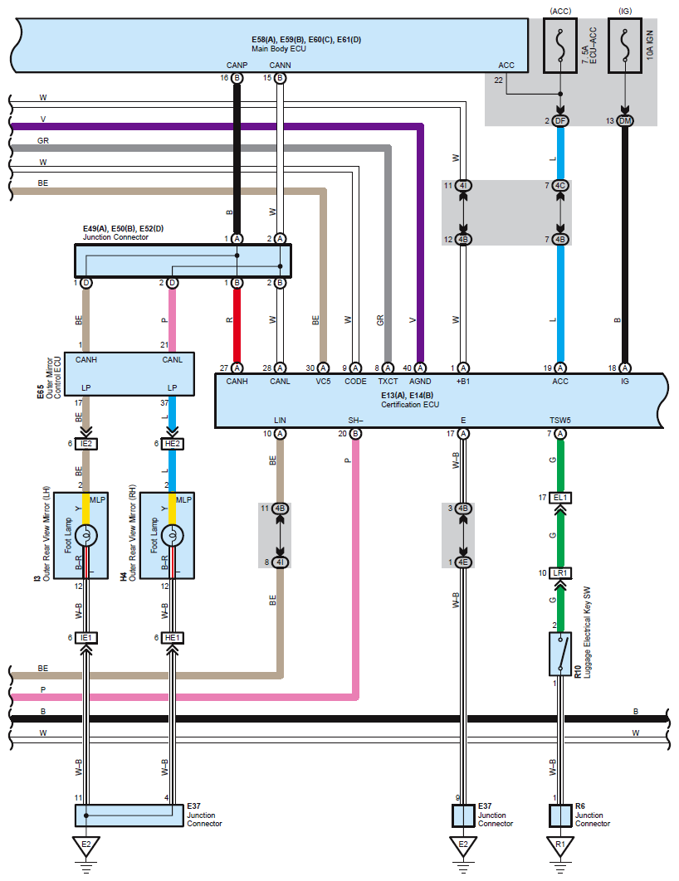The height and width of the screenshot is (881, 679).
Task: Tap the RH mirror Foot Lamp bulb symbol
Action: pyautogui.click(x=173, y=536)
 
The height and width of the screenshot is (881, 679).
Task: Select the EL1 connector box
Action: pyautogui.click(x=560, y=498)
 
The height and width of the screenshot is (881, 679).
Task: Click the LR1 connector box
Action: pyautogui.click(x=560, y=573)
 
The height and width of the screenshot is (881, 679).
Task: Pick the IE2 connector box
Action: pyautogui.click(x=87, y=444)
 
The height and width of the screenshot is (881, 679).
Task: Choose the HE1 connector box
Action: pyautogui.click(x=173, y=637)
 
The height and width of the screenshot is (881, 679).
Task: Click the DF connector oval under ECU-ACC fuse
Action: pyautogui.click(x=560, y=121)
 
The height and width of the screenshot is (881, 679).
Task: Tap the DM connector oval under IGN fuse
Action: pyautogui.click(x=624, y=121)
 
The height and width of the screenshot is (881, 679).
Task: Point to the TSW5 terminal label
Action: pyautogui.click(x=560, y=420)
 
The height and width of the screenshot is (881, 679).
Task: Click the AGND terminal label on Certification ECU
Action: pyautogui.click(x=419, y=382)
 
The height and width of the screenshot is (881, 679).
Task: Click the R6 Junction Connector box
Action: pyautogui.click(x=560, y=815)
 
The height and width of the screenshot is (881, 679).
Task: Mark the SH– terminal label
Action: pyautogui.click(x=355, y=420)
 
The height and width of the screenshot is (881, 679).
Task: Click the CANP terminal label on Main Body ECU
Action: pyautogui.click(x=236, y=65)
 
